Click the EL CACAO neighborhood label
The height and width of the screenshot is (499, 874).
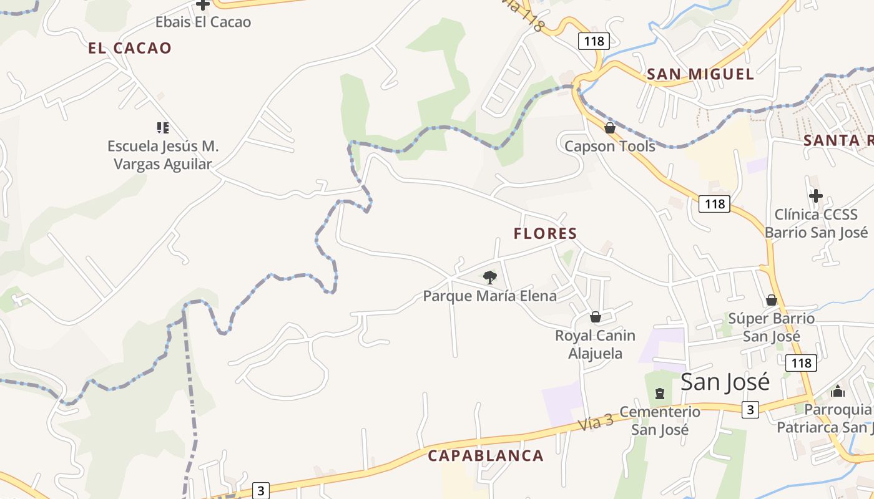tap(130, 48)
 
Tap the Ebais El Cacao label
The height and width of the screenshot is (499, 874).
tap(203, 22)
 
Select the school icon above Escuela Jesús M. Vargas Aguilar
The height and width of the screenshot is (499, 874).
tap(162, 128)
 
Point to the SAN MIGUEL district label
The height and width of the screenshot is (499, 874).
tap(700, 74)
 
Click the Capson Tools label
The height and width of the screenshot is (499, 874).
tap(610, 146)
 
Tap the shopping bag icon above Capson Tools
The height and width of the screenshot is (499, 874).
tap(610, 128)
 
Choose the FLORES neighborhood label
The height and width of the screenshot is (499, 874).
tap(545, 233)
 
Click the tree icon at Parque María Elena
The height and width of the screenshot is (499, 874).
tap(490, 277)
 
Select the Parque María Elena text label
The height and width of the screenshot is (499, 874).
tap(490, 296)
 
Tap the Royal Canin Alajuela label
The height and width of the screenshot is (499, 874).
tap(595, 344)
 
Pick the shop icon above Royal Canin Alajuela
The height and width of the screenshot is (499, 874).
tap(596, 317)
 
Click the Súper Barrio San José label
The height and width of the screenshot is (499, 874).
tap(772, 327)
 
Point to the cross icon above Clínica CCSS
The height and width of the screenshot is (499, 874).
tap(815, 196)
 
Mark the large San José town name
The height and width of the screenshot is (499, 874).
tap(725, 382)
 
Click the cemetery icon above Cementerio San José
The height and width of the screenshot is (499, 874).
tap(659, 394)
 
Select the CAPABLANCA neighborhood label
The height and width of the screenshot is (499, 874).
tap(486, 455)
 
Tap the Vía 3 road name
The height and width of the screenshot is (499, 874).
tap(596, 423)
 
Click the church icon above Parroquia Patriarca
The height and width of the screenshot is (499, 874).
tap(837, 391)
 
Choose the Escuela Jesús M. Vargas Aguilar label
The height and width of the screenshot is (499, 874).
tap(162, 155)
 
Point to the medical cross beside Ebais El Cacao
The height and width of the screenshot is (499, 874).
tap(203, 5)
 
